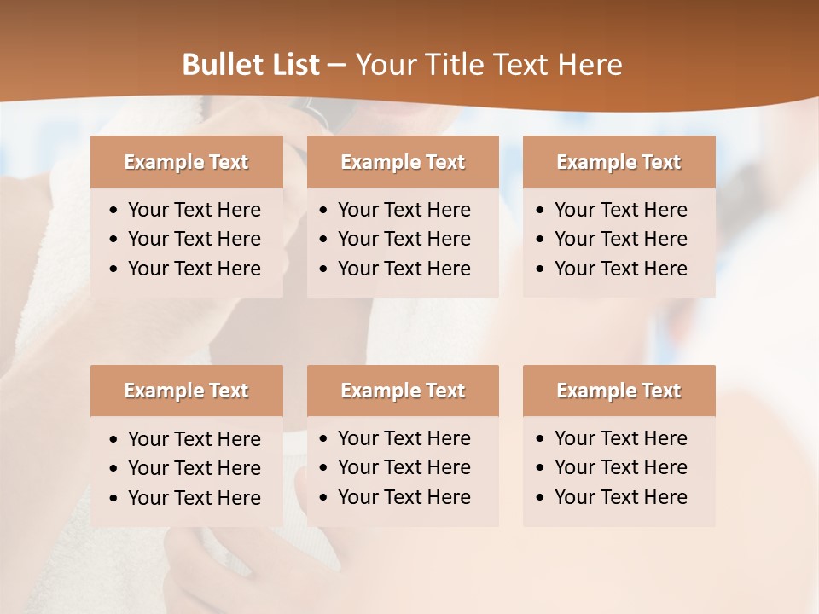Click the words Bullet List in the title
[x=251, y=65]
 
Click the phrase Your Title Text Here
[x=488, y=65]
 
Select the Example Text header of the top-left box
[x=186, y=162]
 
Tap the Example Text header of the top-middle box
[x=403, y=162]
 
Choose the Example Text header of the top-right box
[x=619, y=162]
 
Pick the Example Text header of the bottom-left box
[x=186, y=391]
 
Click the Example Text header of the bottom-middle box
[x=403, y=391]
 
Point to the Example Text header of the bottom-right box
[x=619, y=391]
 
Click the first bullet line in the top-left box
[x=194, y=210]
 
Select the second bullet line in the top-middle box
[x=404, y=239]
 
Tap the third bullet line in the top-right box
[x=620, y=269]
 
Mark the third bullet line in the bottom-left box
[x=194, y=498]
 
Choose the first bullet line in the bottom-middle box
[x=404, y=438]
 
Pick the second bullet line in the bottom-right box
[x=620, y=467]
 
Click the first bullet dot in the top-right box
[x=541, y=211]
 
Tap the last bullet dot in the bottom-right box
[x=541, y=498]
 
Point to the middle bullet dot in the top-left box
[x=114, y=240]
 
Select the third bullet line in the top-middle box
[x=404, y=269]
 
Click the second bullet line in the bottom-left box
[x=194, y=468]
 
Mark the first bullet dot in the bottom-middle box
[x=324, y=439]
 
